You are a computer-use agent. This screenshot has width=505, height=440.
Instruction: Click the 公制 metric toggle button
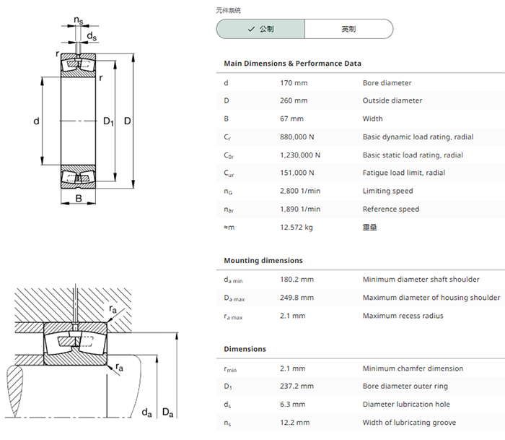coord(260,29)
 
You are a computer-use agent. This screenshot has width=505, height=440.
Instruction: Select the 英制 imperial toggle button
coord(348,29)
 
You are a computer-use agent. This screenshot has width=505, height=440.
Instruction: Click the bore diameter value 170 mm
coord(294,83)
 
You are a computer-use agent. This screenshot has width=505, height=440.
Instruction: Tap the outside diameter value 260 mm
coord(294,100)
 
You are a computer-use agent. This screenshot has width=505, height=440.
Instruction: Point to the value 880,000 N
coord(297,137)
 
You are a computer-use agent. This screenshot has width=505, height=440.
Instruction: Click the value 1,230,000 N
coord(300,155)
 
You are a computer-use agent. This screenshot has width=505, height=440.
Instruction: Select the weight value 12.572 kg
coord(297,228)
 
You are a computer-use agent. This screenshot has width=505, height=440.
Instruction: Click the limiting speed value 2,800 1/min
coord(300,191)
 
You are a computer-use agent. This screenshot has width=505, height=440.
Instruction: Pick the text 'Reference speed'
coord(391,209)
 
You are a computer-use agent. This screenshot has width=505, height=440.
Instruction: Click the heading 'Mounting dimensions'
coord(263,261)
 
